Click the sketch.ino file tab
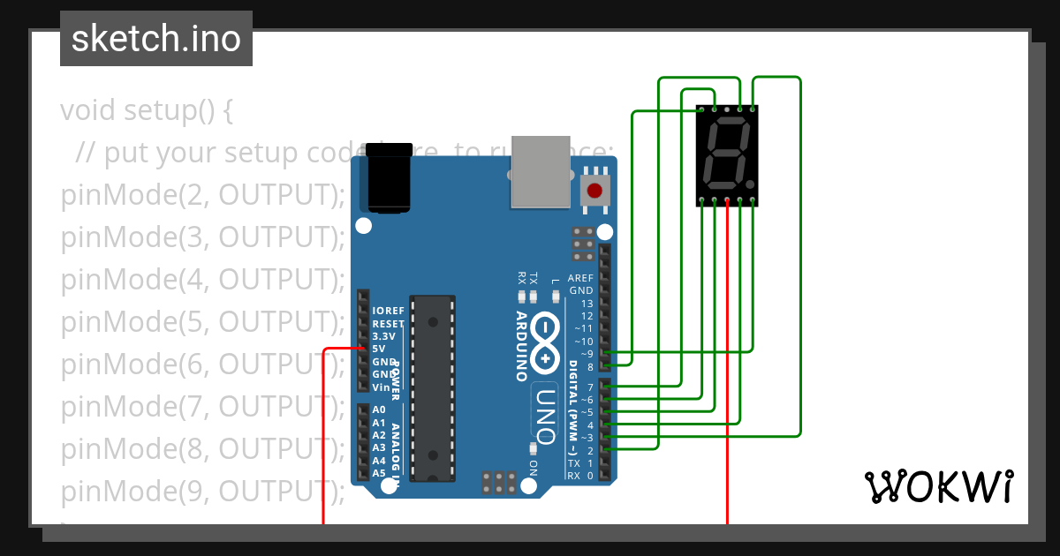click(x=156, y=39)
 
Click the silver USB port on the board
click(x=541, y=171)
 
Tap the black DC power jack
click(x=390, y=178)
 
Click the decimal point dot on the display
click(x=750, y=184)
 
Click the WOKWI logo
click(x=938, y=486)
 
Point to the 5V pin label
click(x=379, y=349)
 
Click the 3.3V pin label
click(x=384, y=336)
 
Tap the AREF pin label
click(x=580, y=278)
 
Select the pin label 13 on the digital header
click(x=587, y=304)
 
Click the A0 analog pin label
click(x=379, y=409)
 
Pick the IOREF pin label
click(x=389, y=311)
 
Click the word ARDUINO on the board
click(x=522, y=346)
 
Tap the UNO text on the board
click(x=545, y=415)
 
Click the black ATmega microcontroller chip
click(x=433, y=388)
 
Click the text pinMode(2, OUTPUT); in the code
click(x=202, y=195)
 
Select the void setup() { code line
click(x=147, y=111)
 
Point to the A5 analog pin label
click(x=379, y=473)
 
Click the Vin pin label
click(x=381, y=387)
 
